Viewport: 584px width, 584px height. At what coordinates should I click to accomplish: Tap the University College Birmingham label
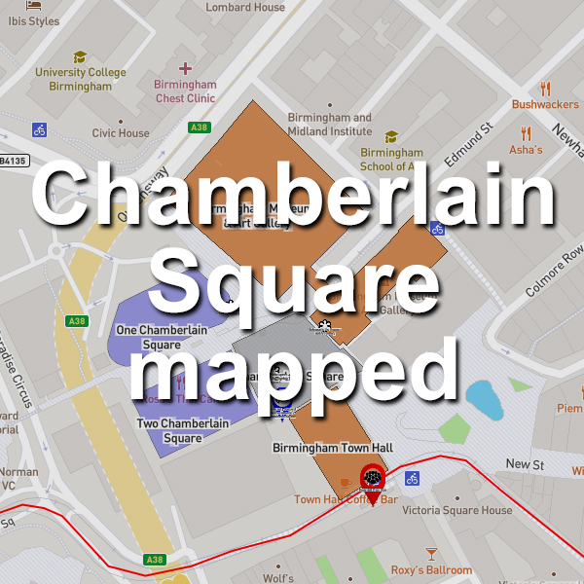tap(81, 79)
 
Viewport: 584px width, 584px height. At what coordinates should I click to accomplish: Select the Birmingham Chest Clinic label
tap(185, 91)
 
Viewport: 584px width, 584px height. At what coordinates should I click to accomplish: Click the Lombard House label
tap(245, 7)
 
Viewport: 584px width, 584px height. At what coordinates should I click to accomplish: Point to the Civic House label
tap(121, 133)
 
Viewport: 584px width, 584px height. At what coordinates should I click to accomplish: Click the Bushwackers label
tap(545, 103)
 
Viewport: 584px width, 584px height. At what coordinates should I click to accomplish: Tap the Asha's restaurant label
tap(526, 150)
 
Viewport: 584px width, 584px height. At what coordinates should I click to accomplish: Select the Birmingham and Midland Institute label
tap(330, 125)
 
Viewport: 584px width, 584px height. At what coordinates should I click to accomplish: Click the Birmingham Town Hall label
tap(332, 448)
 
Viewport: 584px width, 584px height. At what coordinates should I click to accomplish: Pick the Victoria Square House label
tap(456, 510)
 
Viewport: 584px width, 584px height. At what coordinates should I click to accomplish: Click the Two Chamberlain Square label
tap(169, 431)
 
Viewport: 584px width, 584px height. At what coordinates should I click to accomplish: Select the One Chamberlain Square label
tap(162, 337)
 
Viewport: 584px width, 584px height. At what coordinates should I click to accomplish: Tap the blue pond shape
tap(485, 400)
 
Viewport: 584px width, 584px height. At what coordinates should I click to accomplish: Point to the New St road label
tap(524, 465)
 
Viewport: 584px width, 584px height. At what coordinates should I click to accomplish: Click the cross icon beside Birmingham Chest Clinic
tap(185, 68)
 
